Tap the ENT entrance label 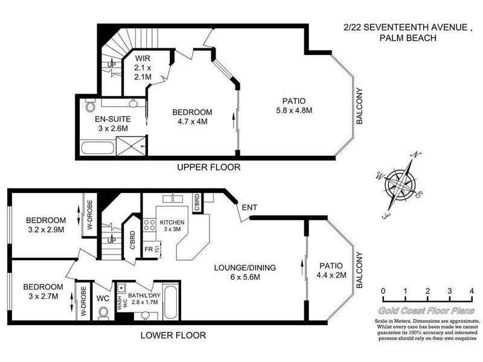[x=249, y=208]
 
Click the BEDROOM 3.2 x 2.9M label [x=45, y=224]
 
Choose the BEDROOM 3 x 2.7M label [x=43, y=291]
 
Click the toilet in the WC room [x=103, y=312]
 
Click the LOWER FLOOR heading [x=173, y=335]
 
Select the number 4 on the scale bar [x=472, y=291]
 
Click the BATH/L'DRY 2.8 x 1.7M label [x=144, y=299]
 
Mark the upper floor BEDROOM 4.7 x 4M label [x=192, y=117]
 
